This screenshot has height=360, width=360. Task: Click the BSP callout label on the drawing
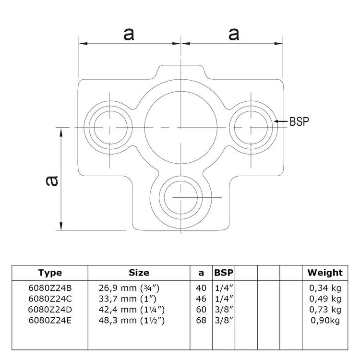[x=299, y=121]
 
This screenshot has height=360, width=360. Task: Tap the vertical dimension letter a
[x=52, y=181]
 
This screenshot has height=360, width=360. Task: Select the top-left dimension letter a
[x=129, y=34]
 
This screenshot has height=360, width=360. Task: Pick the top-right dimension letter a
[x=234, y=34]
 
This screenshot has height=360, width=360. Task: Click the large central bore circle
[x=181, y=127]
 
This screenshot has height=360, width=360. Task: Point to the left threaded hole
[x=110, y=127]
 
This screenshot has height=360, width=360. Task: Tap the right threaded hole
[x=251, y=127]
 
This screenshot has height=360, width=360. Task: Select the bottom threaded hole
[x=181, y=198]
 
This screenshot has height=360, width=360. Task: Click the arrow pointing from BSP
[x=281, y=121]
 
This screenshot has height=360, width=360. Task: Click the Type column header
[x=50, y=273]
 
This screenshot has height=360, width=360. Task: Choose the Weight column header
[x=325, y=273]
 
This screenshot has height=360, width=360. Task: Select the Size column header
[x=139, y=273]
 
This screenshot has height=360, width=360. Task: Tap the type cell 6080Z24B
[x=50, y=288]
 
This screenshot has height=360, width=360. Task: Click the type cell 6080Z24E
[x=50, y=320]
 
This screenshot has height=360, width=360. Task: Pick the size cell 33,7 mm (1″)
[x=127, y=299]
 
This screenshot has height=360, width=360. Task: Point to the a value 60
[x=201, y=310]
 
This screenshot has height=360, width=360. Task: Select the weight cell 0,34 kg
[x=325, y=288]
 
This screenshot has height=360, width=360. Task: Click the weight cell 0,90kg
[x=325, y=321]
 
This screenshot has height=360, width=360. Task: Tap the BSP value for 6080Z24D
[x=224, y=309]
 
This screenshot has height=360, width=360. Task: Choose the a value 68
[x=201, y=320]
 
